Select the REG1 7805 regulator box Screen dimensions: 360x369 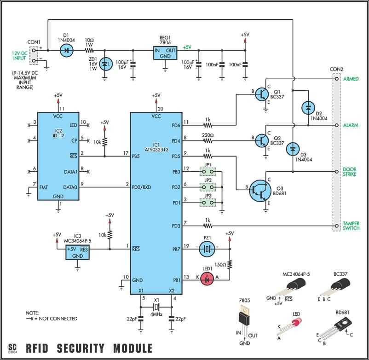tap(165, 52)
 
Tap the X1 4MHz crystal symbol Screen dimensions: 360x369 tap(157, 307)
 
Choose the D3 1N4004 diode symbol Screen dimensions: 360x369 tap(293, 149)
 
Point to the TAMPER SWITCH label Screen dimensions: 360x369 tap(351, 226)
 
